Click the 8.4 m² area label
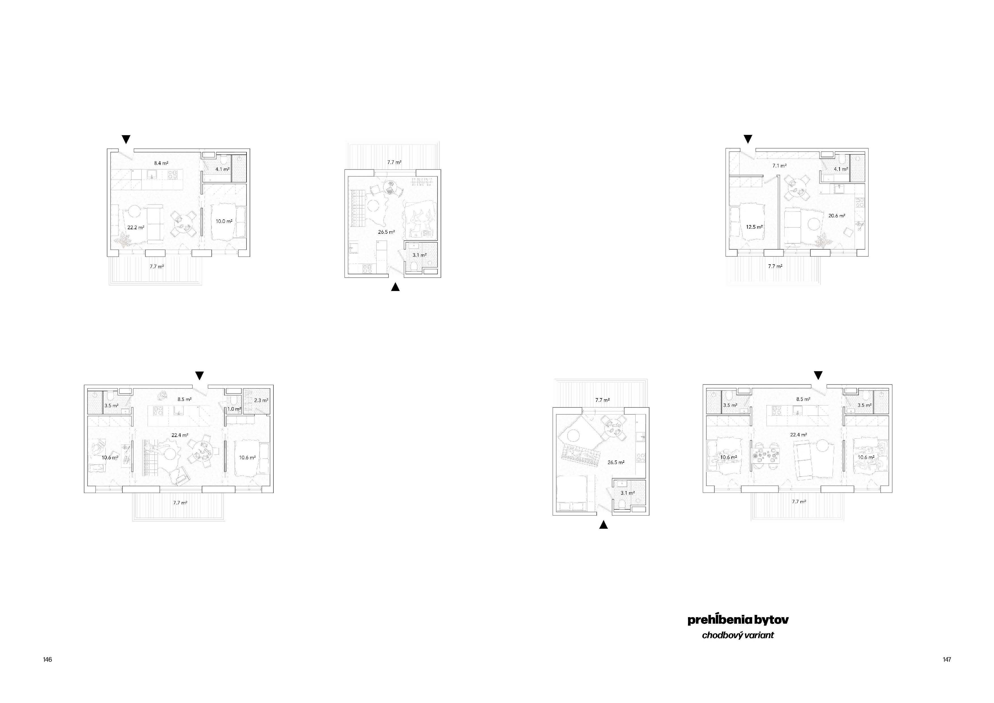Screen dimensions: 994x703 (x=161, y=163)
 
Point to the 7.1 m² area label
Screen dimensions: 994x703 (x=779, y=165)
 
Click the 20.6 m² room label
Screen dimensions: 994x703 (x=837, y=216)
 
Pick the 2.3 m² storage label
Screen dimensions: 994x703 (x=261, y=400)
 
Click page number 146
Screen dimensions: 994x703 (x=47, y=660)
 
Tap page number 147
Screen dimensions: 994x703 (x=947, y=660)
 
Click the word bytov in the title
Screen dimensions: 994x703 (x=771, y=620)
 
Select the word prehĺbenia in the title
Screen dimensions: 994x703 (x=719, y=620)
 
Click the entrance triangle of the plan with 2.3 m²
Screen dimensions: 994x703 (x=199, y=376)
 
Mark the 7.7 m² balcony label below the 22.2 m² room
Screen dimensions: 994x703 (x=157, y=267)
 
